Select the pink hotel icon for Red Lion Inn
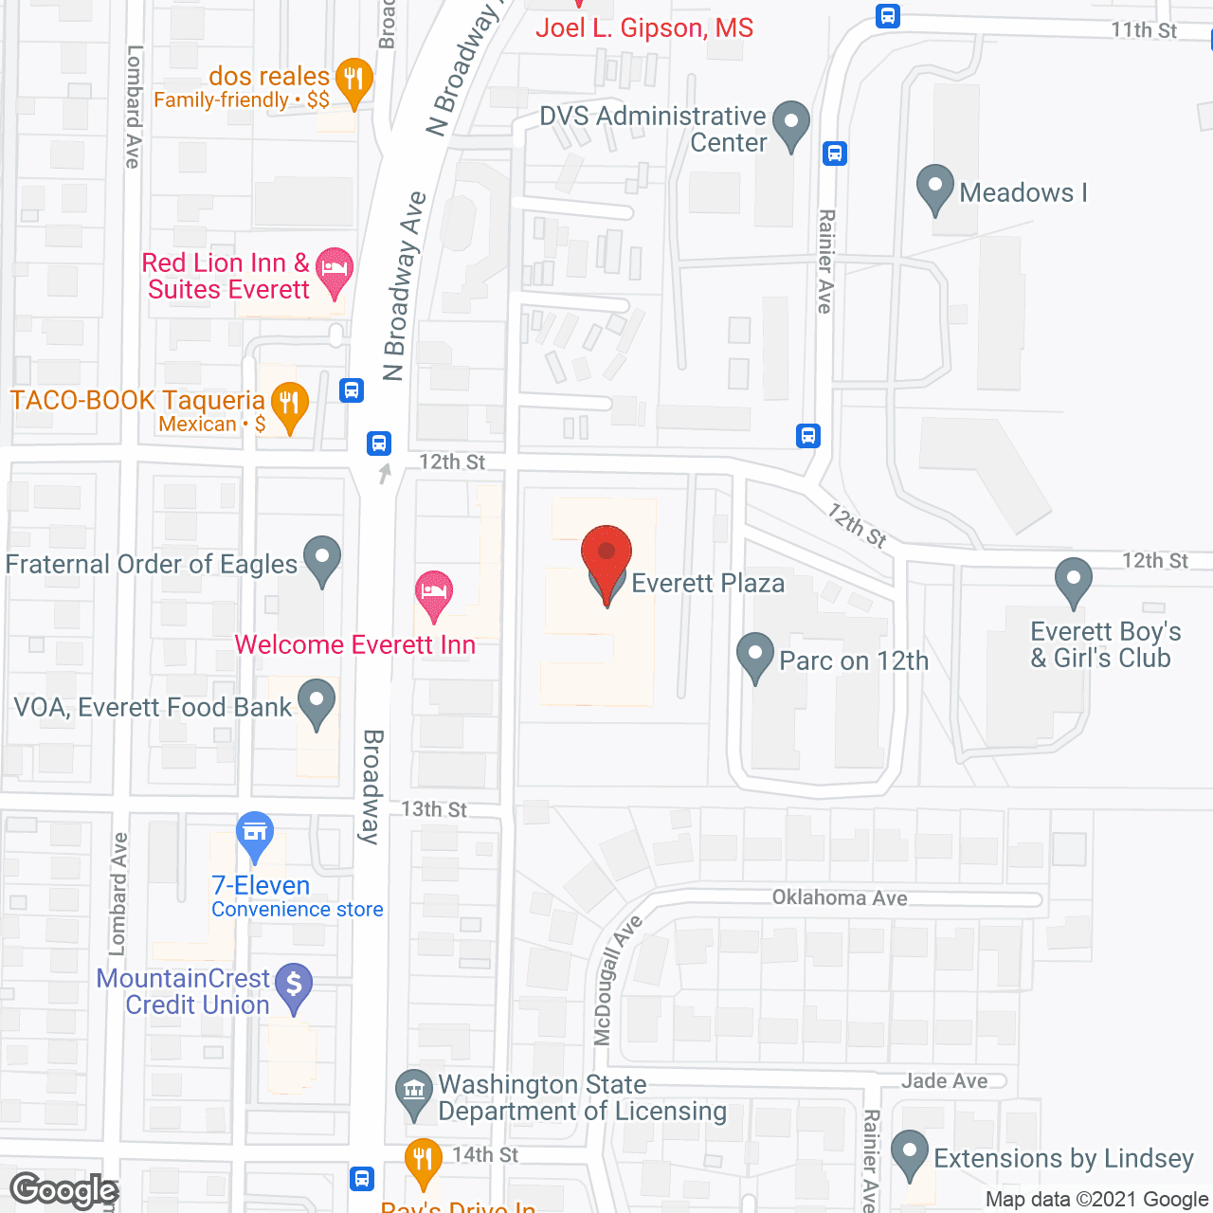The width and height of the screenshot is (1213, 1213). (x=334, y=269)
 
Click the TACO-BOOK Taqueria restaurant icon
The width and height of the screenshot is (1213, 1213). (x=289, y=406)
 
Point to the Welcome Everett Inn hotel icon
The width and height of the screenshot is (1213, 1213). (x=434, y=593)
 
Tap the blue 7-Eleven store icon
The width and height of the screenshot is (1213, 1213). (x=254, y=834)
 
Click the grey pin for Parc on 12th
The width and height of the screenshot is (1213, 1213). (x=755, y=656)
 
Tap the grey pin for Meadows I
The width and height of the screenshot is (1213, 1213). (x=935, y=188)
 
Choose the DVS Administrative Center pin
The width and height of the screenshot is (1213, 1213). (x=791, y=124)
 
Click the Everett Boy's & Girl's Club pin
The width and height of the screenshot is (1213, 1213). (x=1073, y=581)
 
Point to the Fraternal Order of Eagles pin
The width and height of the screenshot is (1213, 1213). (x=322, y=559)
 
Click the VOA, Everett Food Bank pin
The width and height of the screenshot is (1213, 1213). (x=317, y=703)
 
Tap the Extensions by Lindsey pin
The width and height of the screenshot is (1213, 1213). (x=910, y=1153)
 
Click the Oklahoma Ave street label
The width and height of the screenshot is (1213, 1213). (x=840, y=897)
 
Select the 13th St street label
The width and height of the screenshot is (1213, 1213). (x=434, y=809)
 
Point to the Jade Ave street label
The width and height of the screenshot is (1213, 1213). (x=944, y=1080)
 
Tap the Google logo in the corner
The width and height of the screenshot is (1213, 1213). (x=64, y=1190)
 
